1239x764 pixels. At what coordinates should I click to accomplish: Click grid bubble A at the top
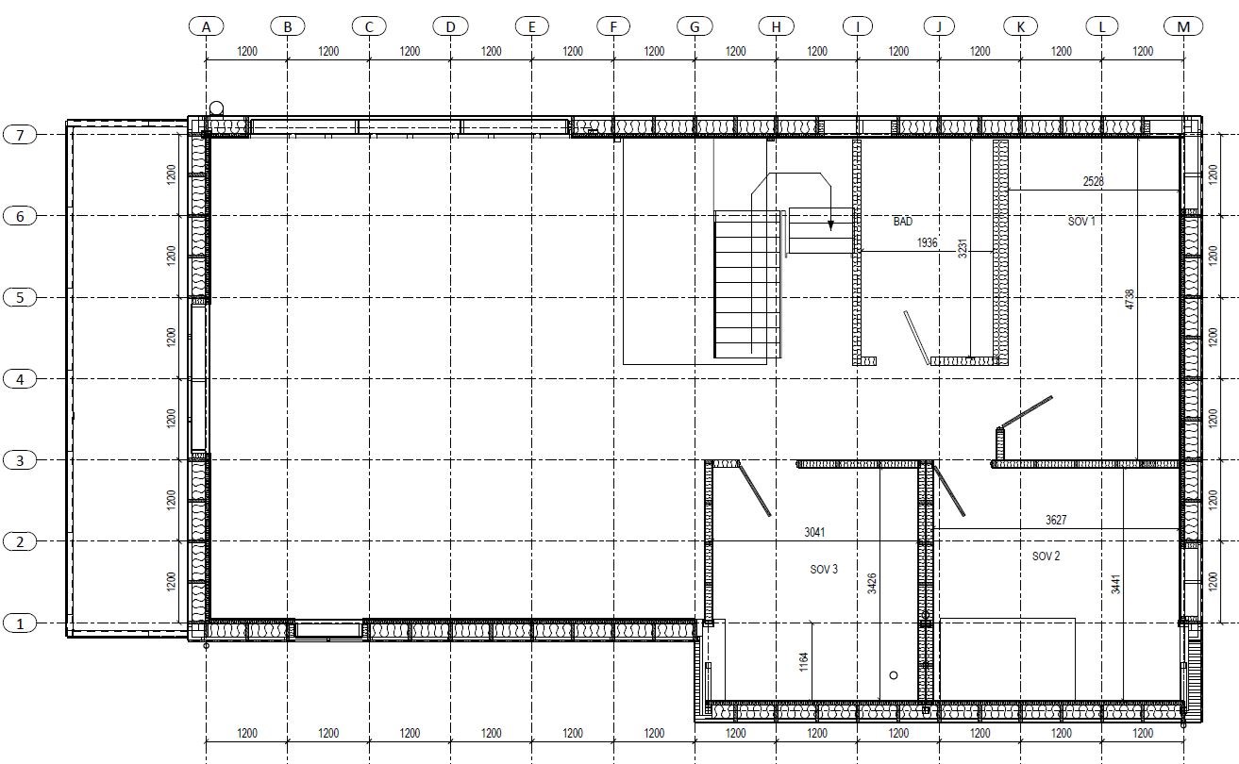coord(206,26)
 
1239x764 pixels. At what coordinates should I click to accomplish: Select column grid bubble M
coord(1183,26)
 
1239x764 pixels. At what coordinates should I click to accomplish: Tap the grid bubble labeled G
coord(695,26)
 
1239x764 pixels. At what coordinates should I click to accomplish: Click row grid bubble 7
coord(20,135)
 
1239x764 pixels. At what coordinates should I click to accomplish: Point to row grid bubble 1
coord(20,623)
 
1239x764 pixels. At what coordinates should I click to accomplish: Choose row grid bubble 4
coord(20,379)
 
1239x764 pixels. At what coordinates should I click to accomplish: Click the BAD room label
coord(903,221)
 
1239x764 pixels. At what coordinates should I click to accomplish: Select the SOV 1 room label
coord(1081,221)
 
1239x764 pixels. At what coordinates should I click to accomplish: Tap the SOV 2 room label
coord(1046,556)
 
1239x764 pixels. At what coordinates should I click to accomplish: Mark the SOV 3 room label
coord(824,570)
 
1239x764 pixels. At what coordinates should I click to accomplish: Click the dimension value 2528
coord(1093,181)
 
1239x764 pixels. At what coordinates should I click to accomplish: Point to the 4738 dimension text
coord(1130,299)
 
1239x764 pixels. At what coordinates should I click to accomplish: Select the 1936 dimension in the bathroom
coord(927,242)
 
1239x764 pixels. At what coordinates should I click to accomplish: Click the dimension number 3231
coord(963,248)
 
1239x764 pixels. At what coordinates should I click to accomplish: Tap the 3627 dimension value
coord(1056,520)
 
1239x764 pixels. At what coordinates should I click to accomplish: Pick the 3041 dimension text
coord(814,532)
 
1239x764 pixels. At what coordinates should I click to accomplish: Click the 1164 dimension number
coord(804,662)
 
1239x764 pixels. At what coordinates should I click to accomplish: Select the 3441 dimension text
coord(1116,585)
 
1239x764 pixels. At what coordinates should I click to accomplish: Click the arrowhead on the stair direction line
coord(830,225)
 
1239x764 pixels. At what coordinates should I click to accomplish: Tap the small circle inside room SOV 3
coord(894,675)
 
